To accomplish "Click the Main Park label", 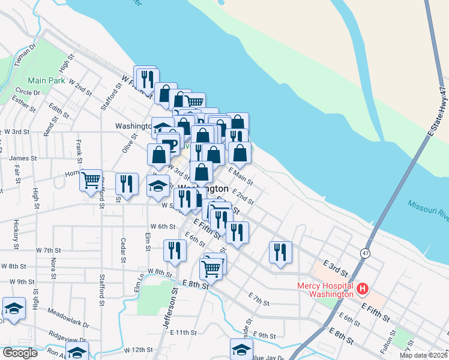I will (x=46, y=80).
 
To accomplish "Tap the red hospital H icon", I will (x=362, y=290).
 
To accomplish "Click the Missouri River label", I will (x=427, y=207).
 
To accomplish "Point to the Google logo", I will (x=20, y=352).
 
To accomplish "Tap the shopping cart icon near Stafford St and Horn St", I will (x=91, y=179).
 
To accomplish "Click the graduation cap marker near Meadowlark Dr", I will (x=14, y=309).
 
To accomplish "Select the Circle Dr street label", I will (x=28, y=92).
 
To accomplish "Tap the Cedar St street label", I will (x=122, y=250).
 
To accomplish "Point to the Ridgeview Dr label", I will (x=68, y=334).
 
